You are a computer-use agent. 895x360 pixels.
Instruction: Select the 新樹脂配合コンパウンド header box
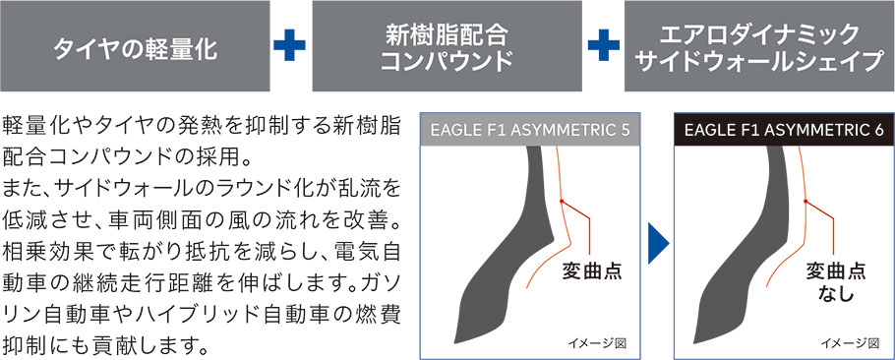[447, 47]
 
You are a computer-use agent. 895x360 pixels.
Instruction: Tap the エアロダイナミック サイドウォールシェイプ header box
[758, 47]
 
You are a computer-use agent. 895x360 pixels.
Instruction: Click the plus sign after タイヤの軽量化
[290, 47]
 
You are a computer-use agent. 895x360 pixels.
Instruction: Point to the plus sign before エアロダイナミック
[603, 47]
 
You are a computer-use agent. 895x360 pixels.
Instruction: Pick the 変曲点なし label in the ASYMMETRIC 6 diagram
[836, 281]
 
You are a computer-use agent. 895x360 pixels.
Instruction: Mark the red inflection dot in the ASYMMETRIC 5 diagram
[562, 202]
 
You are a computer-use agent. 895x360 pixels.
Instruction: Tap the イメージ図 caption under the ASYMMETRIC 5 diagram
[597, 342]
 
